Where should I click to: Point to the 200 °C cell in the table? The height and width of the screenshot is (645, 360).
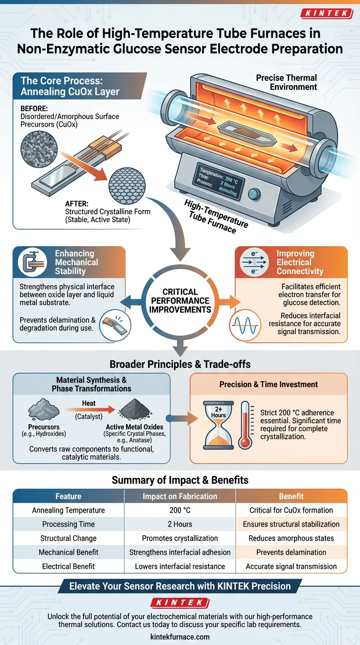coord(180,510)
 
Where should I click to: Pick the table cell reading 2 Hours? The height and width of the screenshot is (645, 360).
coord(180,524)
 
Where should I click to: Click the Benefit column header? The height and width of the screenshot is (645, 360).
coord(291,496)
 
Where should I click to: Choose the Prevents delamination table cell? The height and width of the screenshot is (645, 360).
coord(291,552)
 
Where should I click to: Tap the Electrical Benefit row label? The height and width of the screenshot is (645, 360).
coord(68,566)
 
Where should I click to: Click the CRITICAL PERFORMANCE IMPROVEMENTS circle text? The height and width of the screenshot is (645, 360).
coord(180,301)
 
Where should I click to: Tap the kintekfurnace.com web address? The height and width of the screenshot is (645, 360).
coord(180,637)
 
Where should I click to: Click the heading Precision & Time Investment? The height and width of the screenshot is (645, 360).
coord(269,384)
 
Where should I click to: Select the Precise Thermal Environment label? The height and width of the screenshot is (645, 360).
coord(286,82)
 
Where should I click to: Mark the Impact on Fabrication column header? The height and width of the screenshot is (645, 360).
coord(180,496)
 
